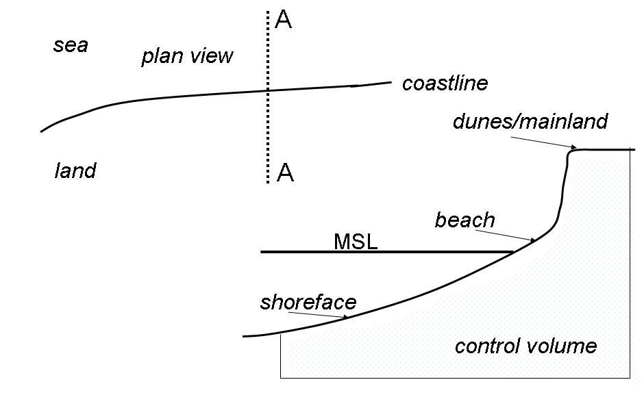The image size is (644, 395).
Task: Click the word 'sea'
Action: click(71, 47)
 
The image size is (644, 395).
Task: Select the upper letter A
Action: click(283, 20)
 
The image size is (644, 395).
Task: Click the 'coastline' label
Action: click(445, 84)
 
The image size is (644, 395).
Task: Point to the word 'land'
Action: click(75, 170)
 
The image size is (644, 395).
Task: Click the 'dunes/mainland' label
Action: click(530, 122)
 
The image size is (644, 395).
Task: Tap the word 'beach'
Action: click(465, 220)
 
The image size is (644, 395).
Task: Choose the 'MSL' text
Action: click(356, 242)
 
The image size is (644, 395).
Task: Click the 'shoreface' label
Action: click(308, 303)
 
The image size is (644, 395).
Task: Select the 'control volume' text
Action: click(525, 346)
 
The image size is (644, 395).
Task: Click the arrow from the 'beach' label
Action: click(504, 235)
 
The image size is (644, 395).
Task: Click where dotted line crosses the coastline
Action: click(267, 90)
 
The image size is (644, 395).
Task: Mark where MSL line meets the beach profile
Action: click(514, 252)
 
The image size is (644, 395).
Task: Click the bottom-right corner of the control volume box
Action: click(630, 377)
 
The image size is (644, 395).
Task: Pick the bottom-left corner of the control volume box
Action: click(280, 377)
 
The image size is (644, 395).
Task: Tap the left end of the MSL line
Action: click(261, 252)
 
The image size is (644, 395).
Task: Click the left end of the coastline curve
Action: click(41, 131)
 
